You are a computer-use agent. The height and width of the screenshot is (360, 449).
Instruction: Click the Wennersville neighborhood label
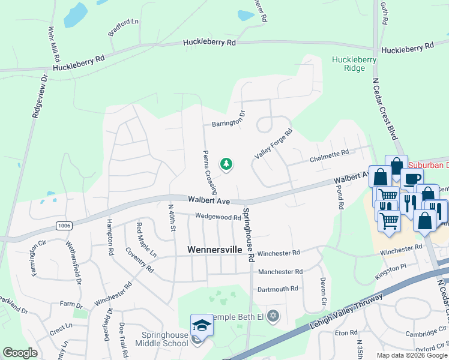pyautogui.click(x=216, y=249)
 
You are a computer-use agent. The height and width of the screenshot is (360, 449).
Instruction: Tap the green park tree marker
pyautogui.click(x=226, y=164)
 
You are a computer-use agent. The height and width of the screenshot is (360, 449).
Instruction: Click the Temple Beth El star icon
pyautogui.click(x=273, y=315)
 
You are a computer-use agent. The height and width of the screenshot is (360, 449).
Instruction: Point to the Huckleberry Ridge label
pyautogui.click(x=354, y=64)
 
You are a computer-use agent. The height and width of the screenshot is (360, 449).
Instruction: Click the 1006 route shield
pyautogui.click(x=64, y=225)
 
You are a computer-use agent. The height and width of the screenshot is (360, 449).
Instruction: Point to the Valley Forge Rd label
pyautogui.click(x=273, y=144)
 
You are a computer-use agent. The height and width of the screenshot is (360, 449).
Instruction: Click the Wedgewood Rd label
pyautogui.click(x=217, y=217)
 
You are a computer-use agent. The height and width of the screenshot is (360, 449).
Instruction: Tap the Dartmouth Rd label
pyautogui.click(x=278, y=289)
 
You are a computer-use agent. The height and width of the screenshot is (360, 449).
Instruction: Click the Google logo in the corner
pyautogui.click(x=19, y=353)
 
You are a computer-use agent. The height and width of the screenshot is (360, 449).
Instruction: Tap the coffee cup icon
pyautogui.click(x=412, y=179)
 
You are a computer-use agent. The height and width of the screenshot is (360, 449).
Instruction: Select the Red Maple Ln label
pyautogui.click(x=147, y=240)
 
